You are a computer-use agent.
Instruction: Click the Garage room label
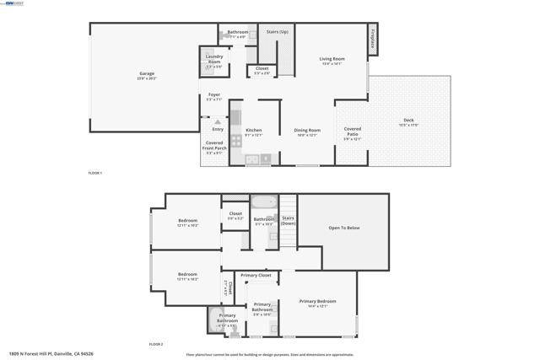point(146,74)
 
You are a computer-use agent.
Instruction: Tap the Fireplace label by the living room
point(372,39)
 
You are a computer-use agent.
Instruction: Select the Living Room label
point(332,59)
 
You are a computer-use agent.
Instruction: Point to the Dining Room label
point(307,130)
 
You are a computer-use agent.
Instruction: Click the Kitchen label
point(253,130)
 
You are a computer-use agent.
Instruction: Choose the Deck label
point(408,121)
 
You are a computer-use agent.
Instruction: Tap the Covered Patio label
point(352,132)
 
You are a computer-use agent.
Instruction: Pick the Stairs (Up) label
point(277,32)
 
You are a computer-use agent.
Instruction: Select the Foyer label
point(214,95)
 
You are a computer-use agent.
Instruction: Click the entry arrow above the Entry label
point(218,121)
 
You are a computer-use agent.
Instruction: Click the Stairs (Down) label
point(288,218)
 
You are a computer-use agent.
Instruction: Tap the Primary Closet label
point(255,276)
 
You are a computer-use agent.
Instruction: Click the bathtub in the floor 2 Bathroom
point(263,202)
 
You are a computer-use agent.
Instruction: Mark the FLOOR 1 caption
point(94,173)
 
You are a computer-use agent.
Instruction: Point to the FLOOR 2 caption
point(156,344)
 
